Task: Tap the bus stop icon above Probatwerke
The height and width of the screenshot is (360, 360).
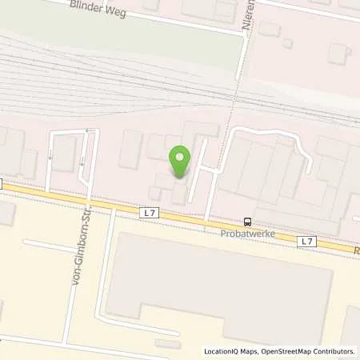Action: (x=247, y=222)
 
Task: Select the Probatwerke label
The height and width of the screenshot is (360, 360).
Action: (x=247, y=234)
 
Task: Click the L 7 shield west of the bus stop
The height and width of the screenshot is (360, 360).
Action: (x=149, y=213)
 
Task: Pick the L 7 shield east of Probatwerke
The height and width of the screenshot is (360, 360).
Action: (x=306, y=241)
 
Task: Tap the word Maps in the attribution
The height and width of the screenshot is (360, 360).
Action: (x=252, y=351)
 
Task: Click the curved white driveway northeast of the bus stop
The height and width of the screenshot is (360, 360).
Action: (x=264, y=132)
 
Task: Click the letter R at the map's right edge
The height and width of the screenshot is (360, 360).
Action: (x=356, y=250)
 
